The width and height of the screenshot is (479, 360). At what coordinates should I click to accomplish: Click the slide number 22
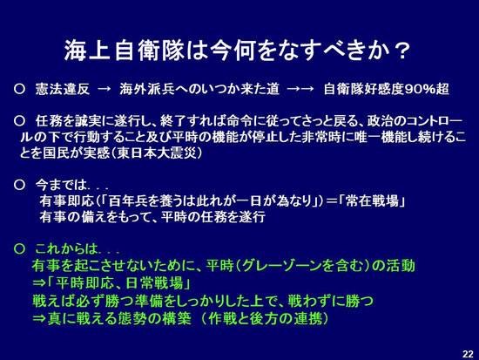coord(468,354)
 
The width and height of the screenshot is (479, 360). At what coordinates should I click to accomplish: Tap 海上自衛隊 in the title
coord(125,51)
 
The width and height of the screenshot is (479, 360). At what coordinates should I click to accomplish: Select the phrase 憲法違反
coord(63,89)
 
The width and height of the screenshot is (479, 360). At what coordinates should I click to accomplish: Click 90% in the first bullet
coord(420,89)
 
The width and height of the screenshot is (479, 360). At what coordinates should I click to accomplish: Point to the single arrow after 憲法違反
coord(104,89)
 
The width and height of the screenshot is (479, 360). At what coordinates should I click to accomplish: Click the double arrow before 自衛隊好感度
coord(300,89)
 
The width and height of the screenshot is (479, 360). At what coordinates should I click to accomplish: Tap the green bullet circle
coord(19,248)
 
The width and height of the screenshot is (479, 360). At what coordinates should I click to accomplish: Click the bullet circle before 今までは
coord(19,185)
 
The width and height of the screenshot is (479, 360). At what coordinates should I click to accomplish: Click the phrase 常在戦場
coord(373,201)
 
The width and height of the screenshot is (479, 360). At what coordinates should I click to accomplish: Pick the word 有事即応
coord(66,201)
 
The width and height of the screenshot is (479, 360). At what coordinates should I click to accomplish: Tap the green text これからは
coord(66,248)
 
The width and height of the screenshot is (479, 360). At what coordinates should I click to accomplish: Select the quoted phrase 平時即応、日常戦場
coord(119,283)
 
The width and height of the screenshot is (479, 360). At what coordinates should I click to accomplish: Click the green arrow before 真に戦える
coord(39,318)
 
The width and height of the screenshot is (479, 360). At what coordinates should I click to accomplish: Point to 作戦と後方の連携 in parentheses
coord(265,318)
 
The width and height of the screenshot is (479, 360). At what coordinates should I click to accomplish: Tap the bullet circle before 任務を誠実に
coord(19,121)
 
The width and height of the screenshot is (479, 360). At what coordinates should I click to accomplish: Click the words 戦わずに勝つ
coord(330,301)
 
